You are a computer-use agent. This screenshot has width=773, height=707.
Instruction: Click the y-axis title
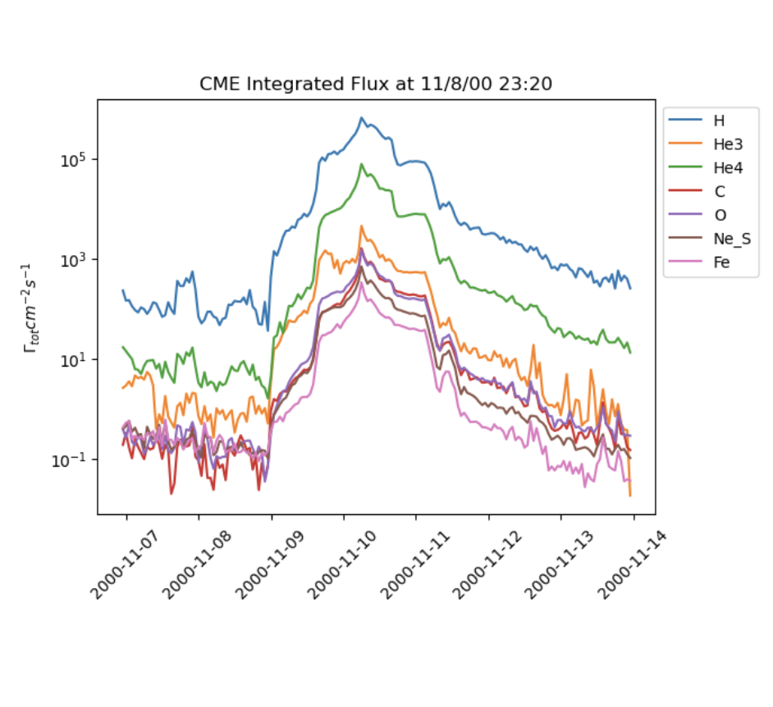click(x=31, y=308)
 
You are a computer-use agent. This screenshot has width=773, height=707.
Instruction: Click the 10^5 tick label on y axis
click(x=76, y=159)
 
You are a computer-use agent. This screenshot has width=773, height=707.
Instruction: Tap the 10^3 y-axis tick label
click(x=76, y=259)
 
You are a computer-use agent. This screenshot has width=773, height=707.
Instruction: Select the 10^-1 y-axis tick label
click(x=74, y=459)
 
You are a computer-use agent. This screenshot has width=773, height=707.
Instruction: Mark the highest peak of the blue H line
click(x=362, y=118)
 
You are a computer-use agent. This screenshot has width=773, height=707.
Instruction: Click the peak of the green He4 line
click(x=362, y=164)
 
